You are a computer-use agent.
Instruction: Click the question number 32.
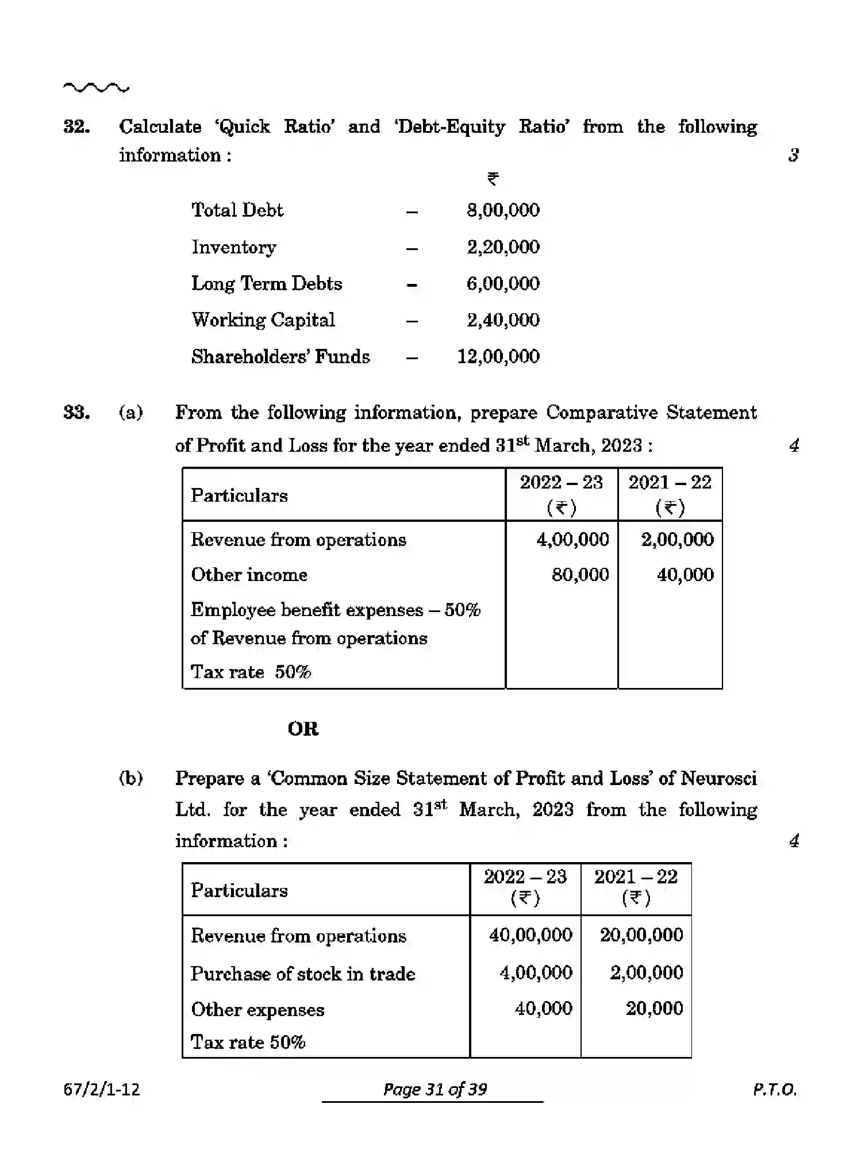(x=76, y=127)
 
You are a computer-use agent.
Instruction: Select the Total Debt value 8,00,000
(x=503, y=210)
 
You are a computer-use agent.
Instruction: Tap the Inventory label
(x=233, y=247)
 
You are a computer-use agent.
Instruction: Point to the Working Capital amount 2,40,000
(x=503, y=320)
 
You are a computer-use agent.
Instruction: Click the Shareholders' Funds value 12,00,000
(x=498, y=356)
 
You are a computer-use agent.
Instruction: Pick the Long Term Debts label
(x=266, y=284)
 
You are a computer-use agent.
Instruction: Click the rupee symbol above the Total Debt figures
(x=493, y=179)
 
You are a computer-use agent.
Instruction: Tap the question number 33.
(x=76, y=413)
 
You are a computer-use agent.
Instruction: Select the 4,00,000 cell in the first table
(x=572, y=540)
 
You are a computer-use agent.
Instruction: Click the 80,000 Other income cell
(x=580, y=575)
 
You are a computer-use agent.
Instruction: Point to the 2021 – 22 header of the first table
(x=670, y=483)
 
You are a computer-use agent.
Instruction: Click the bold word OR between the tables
(x=303, y=729)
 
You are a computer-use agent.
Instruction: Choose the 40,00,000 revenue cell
(x=530, y=935)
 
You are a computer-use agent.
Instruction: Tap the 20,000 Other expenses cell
(x=654, y=1008)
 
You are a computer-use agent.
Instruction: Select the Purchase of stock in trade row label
(x=303, y=974)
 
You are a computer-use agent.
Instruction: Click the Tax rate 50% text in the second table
(x=248, y=1042)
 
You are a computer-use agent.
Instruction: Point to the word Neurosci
(x=718, y=778)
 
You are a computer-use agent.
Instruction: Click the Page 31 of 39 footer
(x=435, y=1089)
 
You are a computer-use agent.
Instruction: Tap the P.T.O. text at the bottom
(x=774, y=1089)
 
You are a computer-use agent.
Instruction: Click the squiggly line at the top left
(x=96, y=88)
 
